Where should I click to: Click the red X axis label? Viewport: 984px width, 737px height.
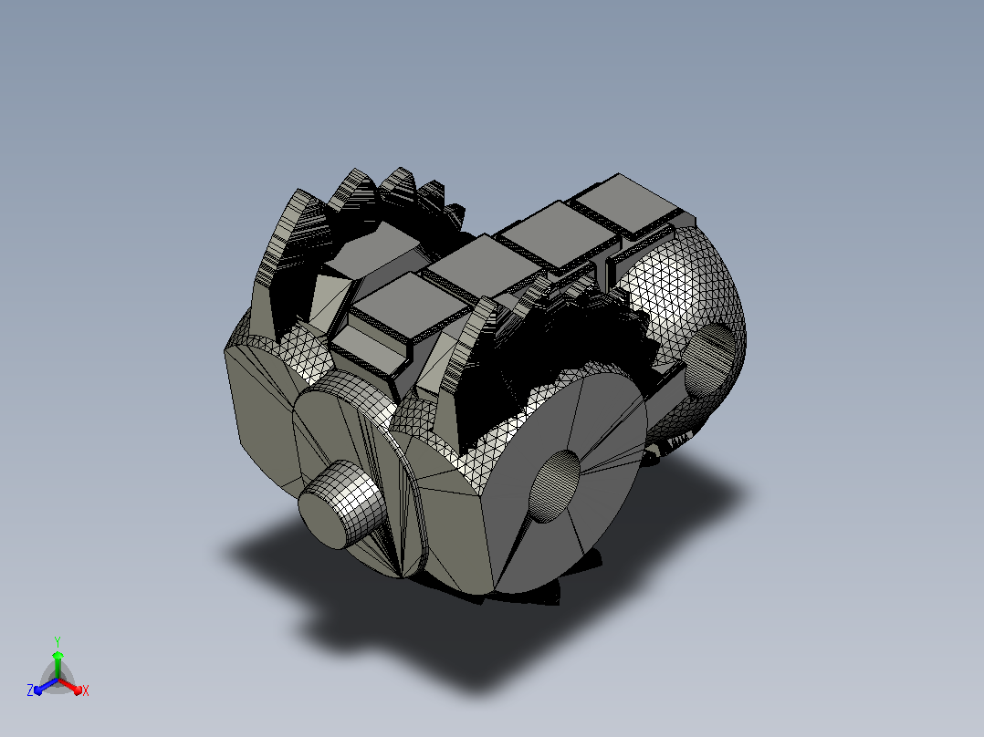[x=86, y=690]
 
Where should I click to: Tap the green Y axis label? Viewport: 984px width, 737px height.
[x=58, y=642]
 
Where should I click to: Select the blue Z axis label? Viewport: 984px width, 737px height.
[x=30, y=690]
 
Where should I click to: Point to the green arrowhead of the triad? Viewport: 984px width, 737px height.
[x=58, y=656]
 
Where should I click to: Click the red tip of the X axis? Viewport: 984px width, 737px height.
[x=78, y=690]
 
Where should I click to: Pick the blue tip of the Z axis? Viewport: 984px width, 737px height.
[x=38, y=690]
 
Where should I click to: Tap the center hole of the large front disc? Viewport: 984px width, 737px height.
[x=554, y=486]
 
